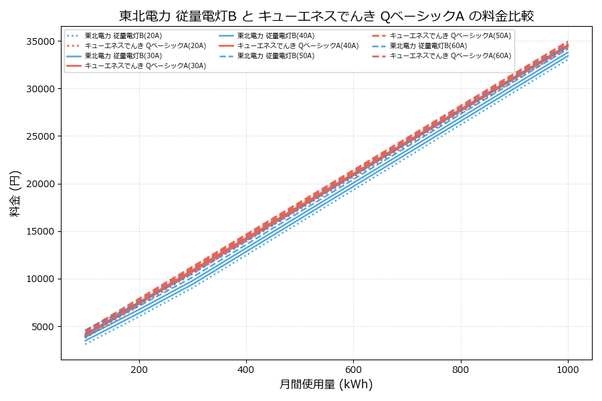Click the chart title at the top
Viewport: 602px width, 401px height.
[326, 16]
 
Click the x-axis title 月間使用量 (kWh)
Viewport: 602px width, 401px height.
[326, 384]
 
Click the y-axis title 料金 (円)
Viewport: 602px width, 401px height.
[15, 193]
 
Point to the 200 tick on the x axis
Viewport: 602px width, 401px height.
[139, 369]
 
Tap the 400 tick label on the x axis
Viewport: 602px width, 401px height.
[246, 369]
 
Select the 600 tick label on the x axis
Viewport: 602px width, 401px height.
[353, 369]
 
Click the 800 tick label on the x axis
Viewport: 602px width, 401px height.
[461, 369]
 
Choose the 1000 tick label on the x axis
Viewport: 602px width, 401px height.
[568, 369]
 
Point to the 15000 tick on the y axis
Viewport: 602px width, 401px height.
[39, 231]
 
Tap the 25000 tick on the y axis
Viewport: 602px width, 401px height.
[39, 136]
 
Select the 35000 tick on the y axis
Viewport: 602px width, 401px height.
[39, 41]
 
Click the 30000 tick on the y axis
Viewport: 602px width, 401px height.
[39, 89]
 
